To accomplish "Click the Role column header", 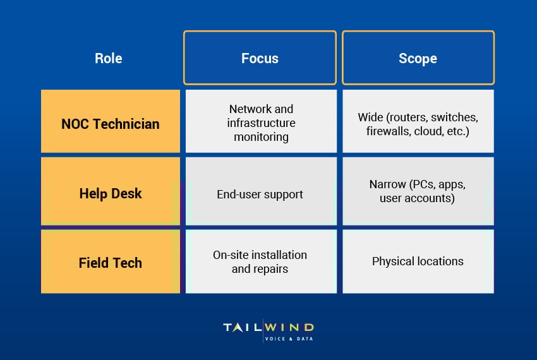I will [109, 58].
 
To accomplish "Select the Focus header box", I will [260, 58].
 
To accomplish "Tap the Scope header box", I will [418, 58].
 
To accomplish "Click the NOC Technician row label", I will [111, 124].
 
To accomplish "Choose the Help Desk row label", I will [111, 193].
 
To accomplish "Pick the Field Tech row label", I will [111, 262].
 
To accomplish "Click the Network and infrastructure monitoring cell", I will [261, 123].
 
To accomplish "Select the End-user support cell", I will [260, 194].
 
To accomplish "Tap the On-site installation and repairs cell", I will [260, 261].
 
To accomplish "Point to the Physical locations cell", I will [418, 261].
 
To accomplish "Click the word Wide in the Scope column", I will [371, 118].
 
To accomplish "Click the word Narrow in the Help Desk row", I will [389, 184].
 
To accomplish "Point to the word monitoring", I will [261, 136].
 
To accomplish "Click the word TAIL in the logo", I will [243, 327].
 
